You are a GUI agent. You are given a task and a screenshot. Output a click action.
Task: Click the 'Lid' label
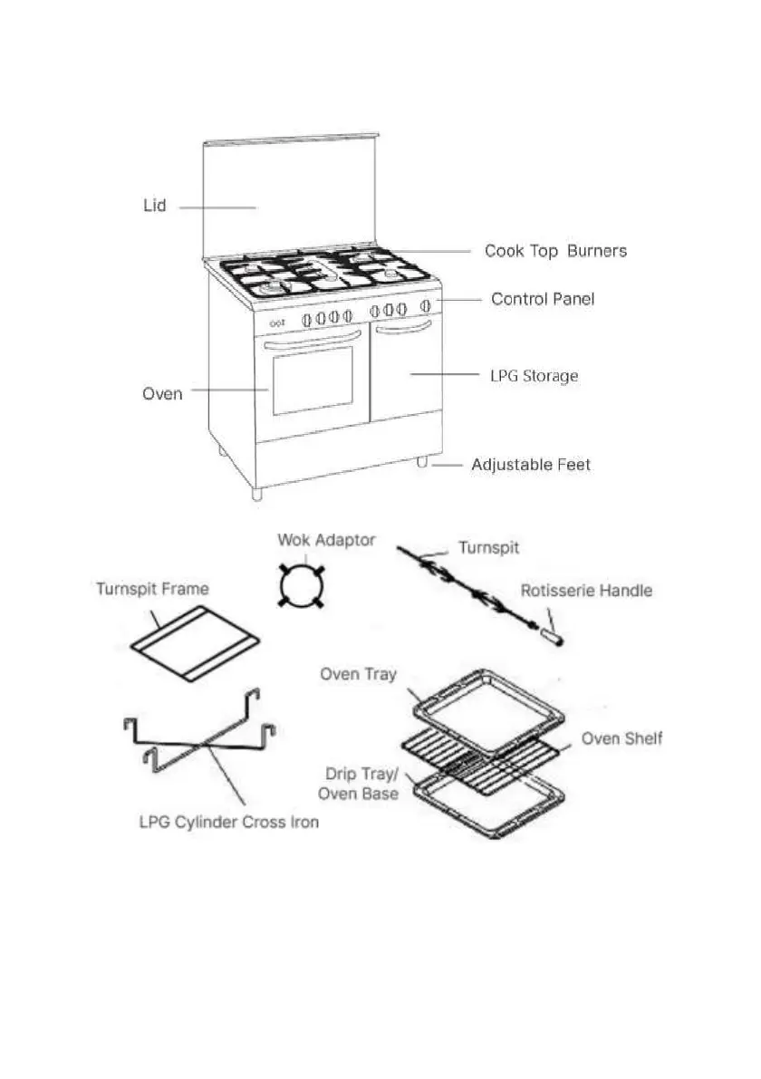click(x=155, y=207)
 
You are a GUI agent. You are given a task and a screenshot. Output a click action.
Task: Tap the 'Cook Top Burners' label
click(x=554, y=251)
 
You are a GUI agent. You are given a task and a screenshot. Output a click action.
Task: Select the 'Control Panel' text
click(x=543, y=299)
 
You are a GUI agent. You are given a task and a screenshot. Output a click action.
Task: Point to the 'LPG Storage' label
click(x=534, y=375)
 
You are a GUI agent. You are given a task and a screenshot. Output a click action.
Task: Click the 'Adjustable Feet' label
click(x=530, y=465)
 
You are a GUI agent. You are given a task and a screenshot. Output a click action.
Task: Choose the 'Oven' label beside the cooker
click(x=162, y=394)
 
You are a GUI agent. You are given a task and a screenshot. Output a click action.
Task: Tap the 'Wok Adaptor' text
click(x=326, y=540)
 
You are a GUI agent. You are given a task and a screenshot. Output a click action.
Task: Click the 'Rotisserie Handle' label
click(x=586, y=591)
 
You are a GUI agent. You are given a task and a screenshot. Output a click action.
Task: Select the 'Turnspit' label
click(x=488, y=548)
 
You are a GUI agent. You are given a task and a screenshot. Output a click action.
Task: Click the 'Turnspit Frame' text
click(x=152, y=589)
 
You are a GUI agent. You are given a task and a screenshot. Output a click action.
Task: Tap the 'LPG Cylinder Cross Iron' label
click(x=228, y=823)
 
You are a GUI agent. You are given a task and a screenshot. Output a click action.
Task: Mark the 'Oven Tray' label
click(x=359, y=674)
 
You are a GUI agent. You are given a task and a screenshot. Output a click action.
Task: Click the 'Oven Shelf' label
click(x=621, y=738)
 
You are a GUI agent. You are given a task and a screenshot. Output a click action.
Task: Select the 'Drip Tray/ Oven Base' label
click(x=361, y=785)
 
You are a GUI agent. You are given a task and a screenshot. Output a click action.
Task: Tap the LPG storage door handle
click(x=401, y=332)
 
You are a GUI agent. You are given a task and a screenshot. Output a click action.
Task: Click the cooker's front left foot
click(x=256, y=494)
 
